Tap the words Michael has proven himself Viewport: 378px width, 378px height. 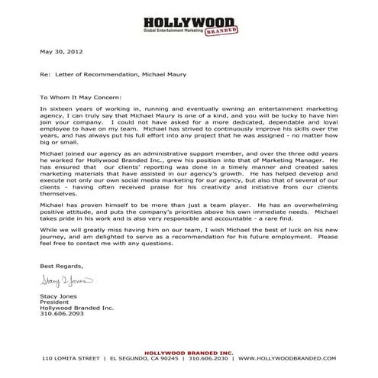point(84,201)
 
